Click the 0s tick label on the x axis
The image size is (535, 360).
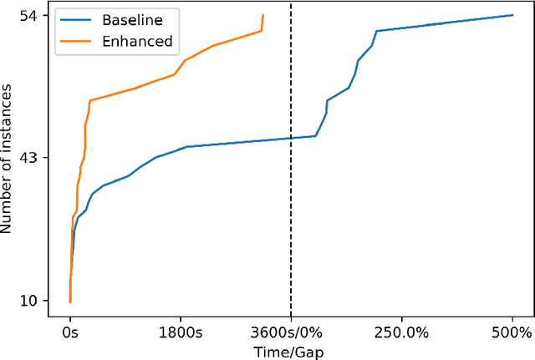[x=70, y=332]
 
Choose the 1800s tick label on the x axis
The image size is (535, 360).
[x=181, y=332]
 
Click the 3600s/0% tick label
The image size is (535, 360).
[x=291, y=332]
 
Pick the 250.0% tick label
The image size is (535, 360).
[x=402, y=332]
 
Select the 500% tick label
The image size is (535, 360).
[x=512, y=332]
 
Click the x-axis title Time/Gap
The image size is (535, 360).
[x=291, y=351]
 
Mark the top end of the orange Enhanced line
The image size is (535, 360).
[x=262, y=15]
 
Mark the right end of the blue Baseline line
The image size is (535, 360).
[x=512, y=15]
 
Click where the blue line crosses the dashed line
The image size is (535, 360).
[x=291, y=138]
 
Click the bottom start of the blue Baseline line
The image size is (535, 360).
[x=69, y=302]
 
